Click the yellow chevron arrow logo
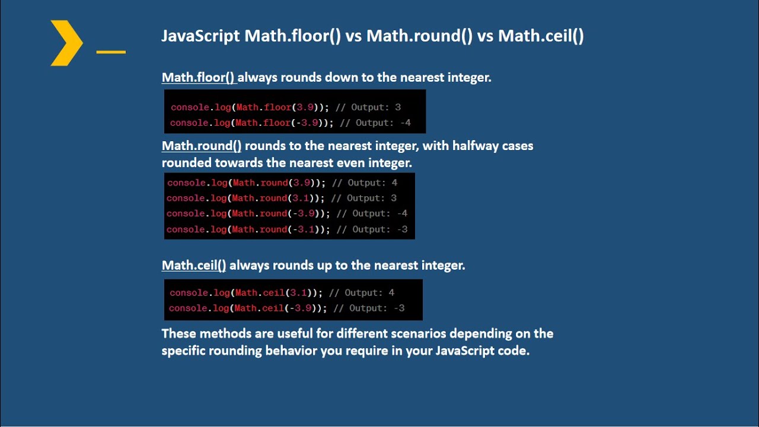[66, 43]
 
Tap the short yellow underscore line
[111, 52]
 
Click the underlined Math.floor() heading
[199, 77]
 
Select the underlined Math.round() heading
[202, 146]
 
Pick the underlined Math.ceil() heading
[194, 265]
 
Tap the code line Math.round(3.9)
[282, 183]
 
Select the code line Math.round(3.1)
[282, 198]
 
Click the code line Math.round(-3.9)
[286, 213]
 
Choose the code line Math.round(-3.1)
[286, 229]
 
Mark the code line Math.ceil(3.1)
[282, 292]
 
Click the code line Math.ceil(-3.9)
[286, 308]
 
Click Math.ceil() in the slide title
[541, 36]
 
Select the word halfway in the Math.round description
[476, 146]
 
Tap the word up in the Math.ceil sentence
[324, 265]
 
